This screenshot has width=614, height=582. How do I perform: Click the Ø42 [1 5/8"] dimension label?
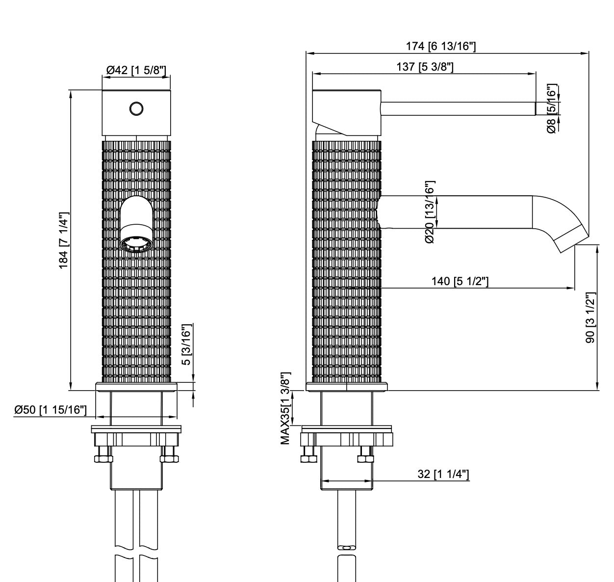(136, 70)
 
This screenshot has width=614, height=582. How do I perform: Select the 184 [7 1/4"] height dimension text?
(63, 241)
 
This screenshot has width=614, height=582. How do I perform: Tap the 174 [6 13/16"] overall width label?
(441, 47)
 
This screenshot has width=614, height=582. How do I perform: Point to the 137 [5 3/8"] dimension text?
(425, 67)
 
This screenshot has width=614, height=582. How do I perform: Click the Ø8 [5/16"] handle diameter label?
(552, 108)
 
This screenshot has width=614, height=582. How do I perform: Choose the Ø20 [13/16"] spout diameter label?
(430, 212)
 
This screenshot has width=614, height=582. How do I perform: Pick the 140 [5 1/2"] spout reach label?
(460, 281)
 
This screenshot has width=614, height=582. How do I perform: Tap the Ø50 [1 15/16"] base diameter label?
(51, 410)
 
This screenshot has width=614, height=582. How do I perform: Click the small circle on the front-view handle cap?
(136, 107)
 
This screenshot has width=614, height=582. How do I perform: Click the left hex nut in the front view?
(103, 459)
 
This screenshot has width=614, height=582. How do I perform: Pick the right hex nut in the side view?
(365, 459)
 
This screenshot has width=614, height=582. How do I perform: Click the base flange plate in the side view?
(347, 387)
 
